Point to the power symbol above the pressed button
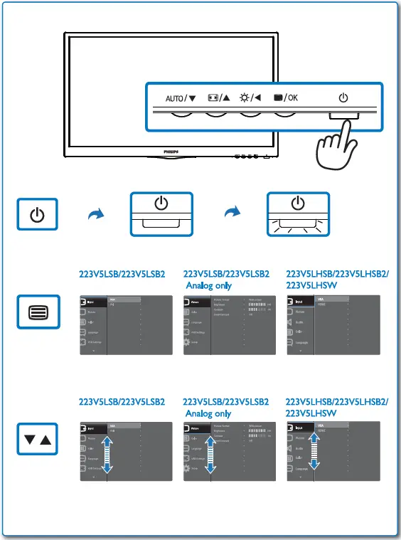click(x=343, y=97)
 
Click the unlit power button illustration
click(x=161, y=213)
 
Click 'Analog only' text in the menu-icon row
click(x=208, y=285)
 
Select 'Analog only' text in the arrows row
click(x=208, y=413)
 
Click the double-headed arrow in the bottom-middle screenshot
click(x=211, y=456)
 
